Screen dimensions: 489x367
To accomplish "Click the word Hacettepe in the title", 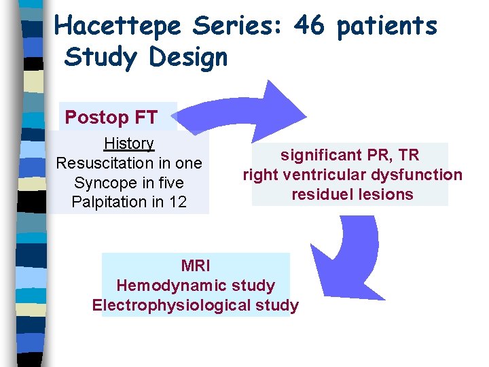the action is tap(118, 26).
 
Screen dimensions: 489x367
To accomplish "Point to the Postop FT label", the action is tap(111, 118).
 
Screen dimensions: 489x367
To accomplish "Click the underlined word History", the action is tap(129, 143).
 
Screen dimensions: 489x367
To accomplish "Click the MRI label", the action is tap(195, 266).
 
